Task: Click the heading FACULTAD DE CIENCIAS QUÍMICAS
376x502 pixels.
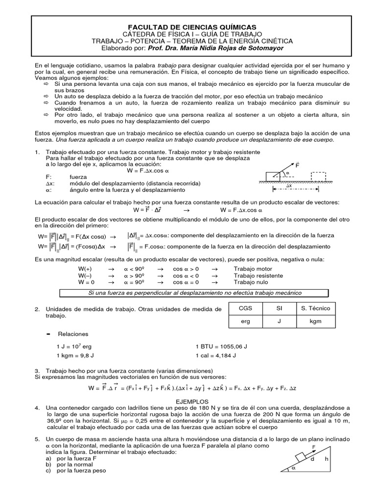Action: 188,27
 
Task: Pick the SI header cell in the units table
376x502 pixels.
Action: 278,308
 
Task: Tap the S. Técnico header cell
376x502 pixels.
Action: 315,308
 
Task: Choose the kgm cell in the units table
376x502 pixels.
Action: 315,322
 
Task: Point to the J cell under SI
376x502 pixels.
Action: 278,322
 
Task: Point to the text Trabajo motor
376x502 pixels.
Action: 253,269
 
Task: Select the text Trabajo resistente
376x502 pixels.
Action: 258,276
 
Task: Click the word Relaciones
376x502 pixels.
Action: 73,333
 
